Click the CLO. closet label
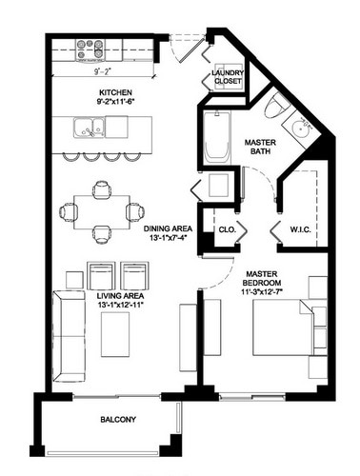(227, 229)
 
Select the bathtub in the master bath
(216, 139)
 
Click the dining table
(103, 211)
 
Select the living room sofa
(68, 334)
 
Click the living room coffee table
(115, 336)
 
